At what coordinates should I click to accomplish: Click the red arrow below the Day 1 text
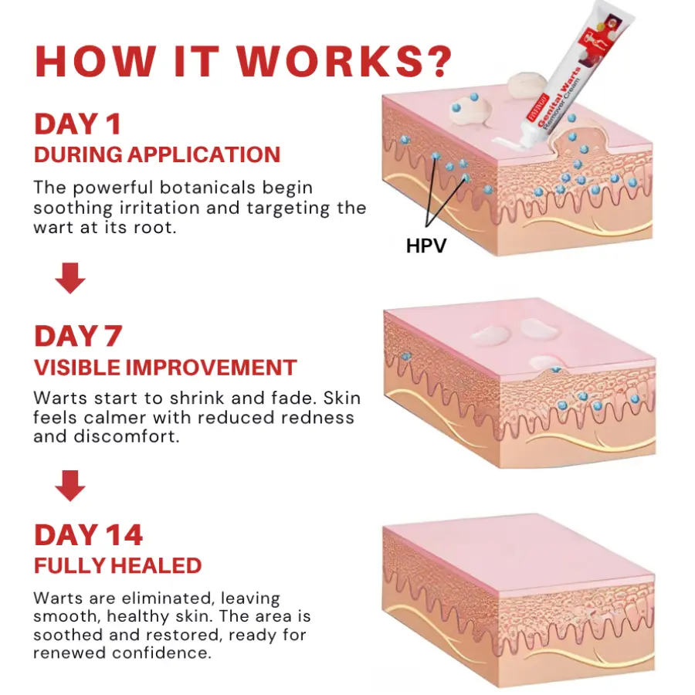click(x=70, y=279)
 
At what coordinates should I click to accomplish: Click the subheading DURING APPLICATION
click(x=157, y=154)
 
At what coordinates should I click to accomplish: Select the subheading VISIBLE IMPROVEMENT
click(x=164, y=367)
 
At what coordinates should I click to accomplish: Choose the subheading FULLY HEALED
click(x=117, y=565)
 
